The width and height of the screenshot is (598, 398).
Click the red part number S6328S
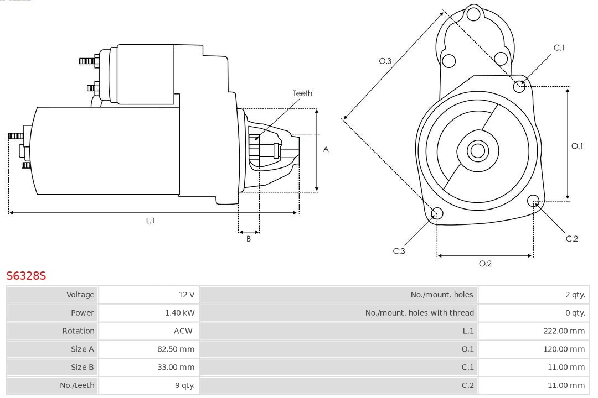click(26, 275)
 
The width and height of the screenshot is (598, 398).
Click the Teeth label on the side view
click(302, 93)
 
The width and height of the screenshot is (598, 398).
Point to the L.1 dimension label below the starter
click(150, 221)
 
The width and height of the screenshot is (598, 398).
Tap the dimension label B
click(249, 239)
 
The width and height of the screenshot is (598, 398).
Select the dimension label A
click(326, 149)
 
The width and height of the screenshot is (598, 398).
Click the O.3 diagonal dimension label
click(385, 61)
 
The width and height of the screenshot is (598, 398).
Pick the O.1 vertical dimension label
click(577, 146)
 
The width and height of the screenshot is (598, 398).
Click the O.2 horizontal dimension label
click(485, 264)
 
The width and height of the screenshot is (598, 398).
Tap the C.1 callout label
click(559, 48)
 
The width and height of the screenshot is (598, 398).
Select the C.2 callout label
click(571, 239)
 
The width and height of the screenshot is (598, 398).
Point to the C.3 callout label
click(399, 251)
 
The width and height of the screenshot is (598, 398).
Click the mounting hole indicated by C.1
click(519, 86)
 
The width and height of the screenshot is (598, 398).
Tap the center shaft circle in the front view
click(477, 150)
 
